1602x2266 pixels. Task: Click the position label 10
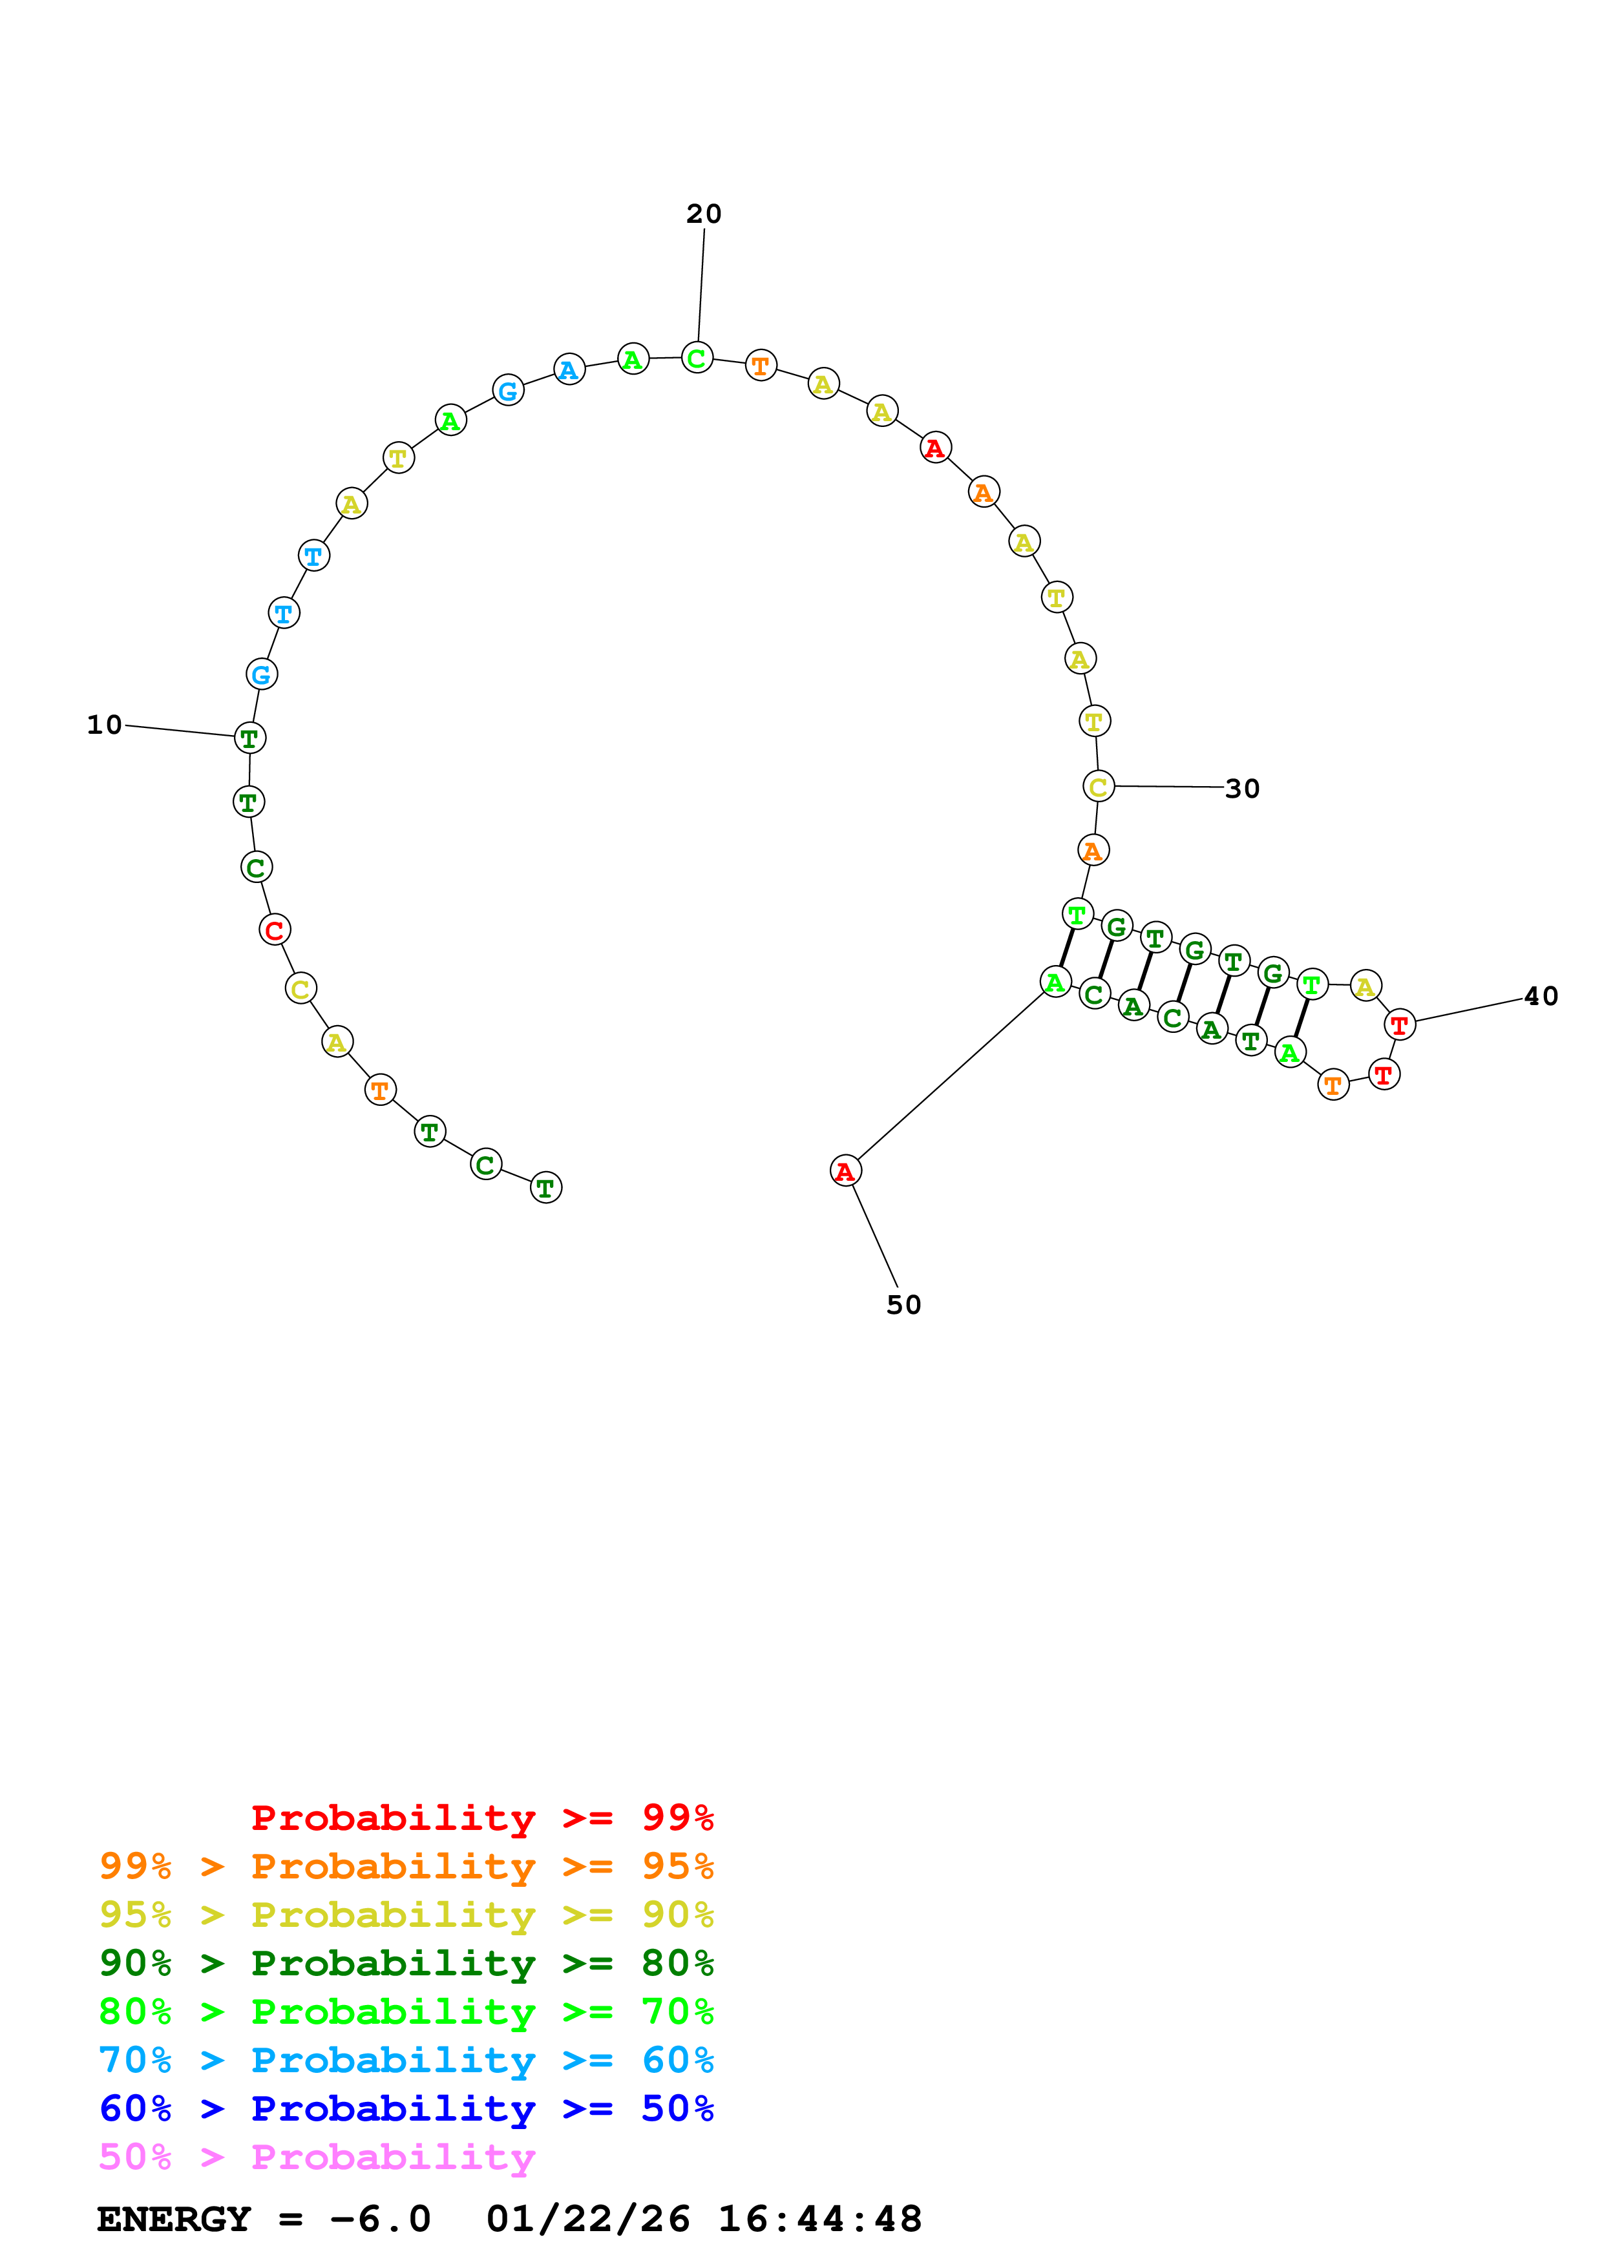click(x=105, y=725)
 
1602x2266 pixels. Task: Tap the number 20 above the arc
click(x=704, y=214)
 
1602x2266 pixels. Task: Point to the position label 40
click(x=1540, y=997)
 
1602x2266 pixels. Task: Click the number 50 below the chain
click(x=903, y=1305)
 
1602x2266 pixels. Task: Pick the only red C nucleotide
click(x=275, y=930)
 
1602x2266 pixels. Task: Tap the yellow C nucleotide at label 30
click(x=1097, y=787)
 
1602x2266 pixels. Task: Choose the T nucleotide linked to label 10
click(x=249, y=737)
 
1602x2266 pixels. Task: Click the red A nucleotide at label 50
click(x=845, y=1172)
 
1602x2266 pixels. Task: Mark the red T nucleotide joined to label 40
click(x=1398, y=1025)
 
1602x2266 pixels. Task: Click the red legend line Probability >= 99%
click(x=481, y=1818)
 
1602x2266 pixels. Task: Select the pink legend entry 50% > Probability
click(x=317, y=2157)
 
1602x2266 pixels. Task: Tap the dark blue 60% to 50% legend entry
click(x=406, y=2109)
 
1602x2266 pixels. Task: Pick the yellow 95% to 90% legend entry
click(x=406, y=1915)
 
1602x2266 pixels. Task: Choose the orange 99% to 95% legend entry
click(x=406, y=1866)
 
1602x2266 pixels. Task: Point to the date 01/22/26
click(x=588, y=2219)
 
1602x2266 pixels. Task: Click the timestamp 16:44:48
click(x=819, y=2219)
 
